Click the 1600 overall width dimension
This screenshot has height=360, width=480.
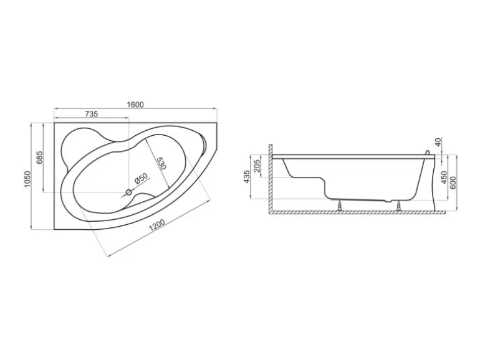click(x=135, y=105)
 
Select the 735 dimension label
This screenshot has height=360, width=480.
click(x=91, y=114)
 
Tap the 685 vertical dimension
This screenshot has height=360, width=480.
click(x=39, y=158)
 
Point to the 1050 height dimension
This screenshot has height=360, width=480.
click(x=27, y=179)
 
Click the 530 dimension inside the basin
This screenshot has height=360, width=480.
click(x=161, y=163)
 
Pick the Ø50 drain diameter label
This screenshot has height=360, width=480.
click(x=141, y=178)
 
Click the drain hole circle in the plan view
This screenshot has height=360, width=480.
click(x=128, y=192)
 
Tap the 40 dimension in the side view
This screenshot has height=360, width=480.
click(x=438, y=142)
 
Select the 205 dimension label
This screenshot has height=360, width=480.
click(x=257, y=166)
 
